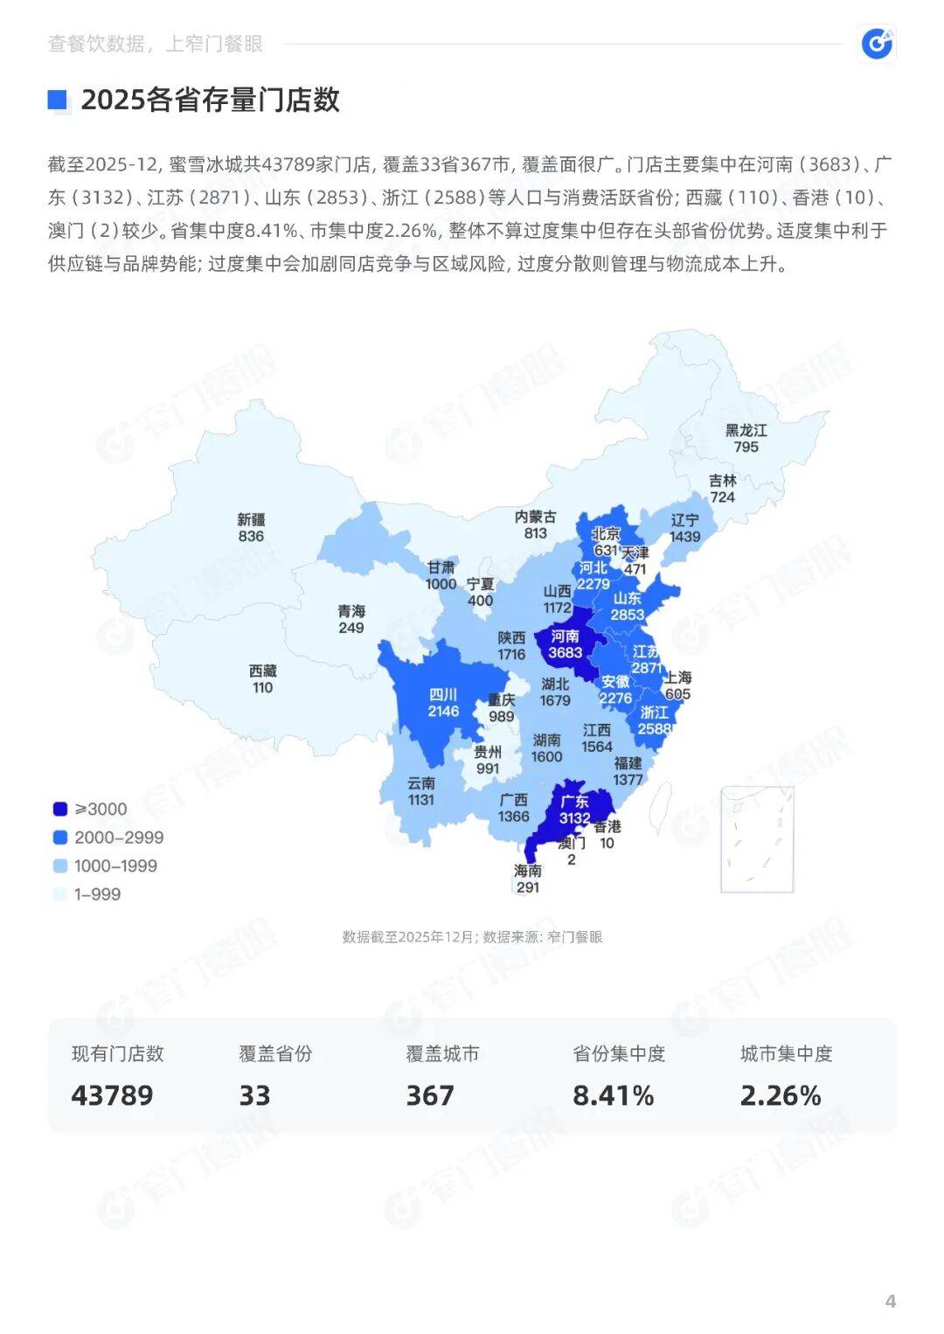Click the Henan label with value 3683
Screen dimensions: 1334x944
(x=565, y=644)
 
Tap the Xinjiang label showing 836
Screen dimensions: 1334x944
(x=251, y=528)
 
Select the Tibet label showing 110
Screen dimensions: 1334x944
(x=262, y=679)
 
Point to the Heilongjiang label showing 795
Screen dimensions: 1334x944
(x=746, y=439)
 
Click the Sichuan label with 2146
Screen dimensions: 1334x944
(x=443, y=703)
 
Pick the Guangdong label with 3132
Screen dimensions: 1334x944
(x=574, y=809)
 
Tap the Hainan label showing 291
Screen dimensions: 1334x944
(x=528, y=879)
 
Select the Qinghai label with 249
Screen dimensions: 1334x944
(x=351, y=619)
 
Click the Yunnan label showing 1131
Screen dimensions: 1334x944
(x=420, y=791)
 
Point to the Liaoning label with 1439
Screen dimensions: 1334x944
(x=684, y=528)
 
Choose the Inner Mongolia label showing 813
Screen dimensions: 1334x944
(x=535, y=525)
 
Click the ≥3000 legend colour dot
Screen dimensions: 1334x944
(x=59, y=809)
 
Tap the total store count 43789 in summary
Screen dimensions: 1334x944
(x=112, y=1095)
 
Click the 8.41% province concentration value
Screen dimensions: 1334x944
(x=613, y=1095)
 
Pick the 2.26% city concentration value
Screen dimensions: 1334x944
(x=781, y=1095)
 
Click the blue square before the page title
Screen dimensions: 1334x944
(x=58, y=100)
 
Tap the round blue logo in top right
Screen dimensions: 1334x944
(x=877, y=43)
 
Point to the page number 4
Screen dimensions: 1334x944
(x=890, y=1301)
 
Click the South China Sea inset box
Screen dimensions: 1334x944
(x=757, y=839)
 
